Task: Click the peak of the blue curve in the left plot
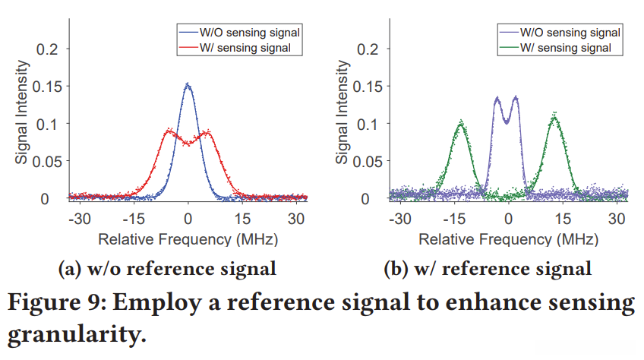[188, 85]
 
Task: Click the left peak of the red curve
[169, 131]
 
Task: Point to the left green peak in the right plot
[460, 122]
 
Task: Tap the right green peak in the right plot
[554, 116]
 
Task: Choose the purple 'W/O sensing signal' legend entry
[570, 33]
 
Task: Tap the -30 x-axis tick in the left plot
[79, 216]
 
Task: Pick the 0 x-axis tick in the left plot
[188, 216]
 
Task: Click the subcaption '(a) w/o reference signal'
[167, 268]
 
